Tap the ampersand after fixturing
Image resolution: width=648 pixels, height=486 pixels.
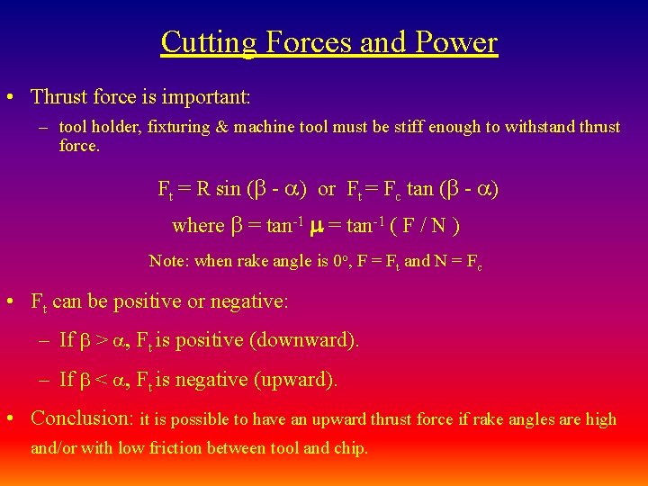(x=221, y=127)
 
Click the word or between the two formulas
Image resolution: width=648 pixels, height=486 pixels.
(x=327, y=189)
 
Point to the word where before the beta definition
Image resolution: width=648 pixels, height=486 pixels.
(x=198, y=226)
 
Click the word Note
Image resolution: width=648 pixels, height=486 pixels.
(x=166, y=262)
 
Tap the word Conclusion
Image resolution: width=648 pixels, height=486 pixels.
(x=81, y=418)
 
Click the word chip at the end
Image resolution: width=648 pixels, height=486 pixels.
(x=351, y=448)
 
